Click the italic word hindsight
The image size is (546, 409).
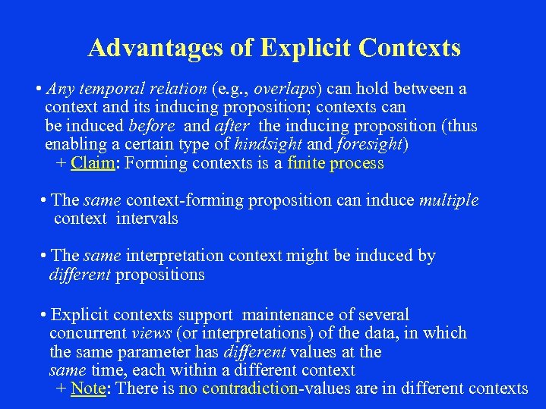269,144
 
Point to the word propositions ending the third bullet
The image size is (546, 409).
159,274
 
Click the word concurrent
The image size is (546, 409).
88,333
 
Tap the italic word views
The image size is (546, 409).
151,333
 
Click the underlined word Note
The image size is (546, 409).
87,389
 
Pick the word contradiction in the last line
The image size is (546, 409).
249,389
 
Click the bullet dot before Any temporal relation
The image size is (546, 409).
39,90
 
